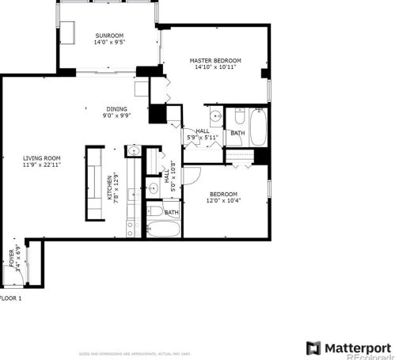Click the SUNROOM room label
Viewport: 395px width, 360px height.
(x=109, y=36)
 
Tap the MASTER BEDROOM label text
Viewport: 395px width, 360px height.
(x=215, y=61)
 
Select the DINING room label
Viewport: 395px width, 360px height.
(x=116, y=109)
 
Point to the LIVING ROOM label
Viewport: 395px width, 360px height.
(x=41, y=158)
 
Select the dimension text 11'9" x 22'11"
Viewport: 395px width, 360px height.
(x=41, y=165)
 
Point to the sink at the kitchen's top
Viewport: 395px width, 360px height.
(x=135, y=151)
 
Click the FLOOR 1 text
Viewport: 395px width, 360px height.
(x=10, y=297)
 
